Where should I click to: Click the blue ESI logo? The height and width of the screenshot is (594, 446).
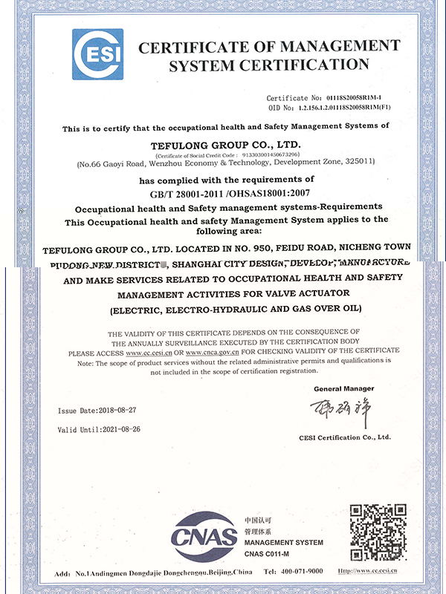click(97, 54)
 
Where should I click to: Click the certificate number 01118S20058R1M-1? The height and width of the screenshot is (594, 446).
click(344, 97)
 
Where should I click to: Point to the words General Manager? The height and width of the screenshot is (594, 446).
click(344, 388)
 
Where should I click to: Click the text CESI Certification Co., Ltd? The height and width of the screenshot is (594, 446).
click(344, 437)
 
